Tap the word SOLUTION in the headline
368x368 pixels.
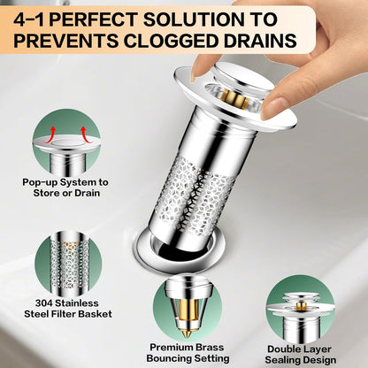coord(194,19)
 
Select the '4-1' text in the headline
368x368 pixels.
coord(29,20)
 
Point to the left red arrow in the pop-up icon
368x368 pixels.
coord(50,134)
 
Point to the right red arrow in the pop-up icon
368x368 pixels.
coord(86,134)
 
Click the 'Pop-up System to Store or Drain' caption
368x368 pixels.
coord(65,188)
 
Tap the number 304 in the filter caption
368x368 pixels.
coord(44,303)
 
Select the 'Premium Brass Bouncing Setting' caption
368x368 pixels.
coord(188,353)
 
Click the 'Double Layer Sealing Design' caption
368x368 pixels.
coord(300,355)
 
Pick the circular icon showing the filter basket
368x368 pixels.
coord(68,264)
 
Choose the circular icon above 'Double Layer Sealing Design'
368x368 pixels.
coord(300,310)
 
